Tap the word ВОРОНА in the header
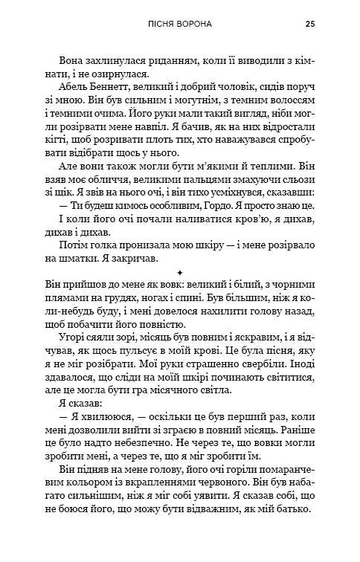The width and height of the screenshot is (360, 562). pos(192,24)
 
